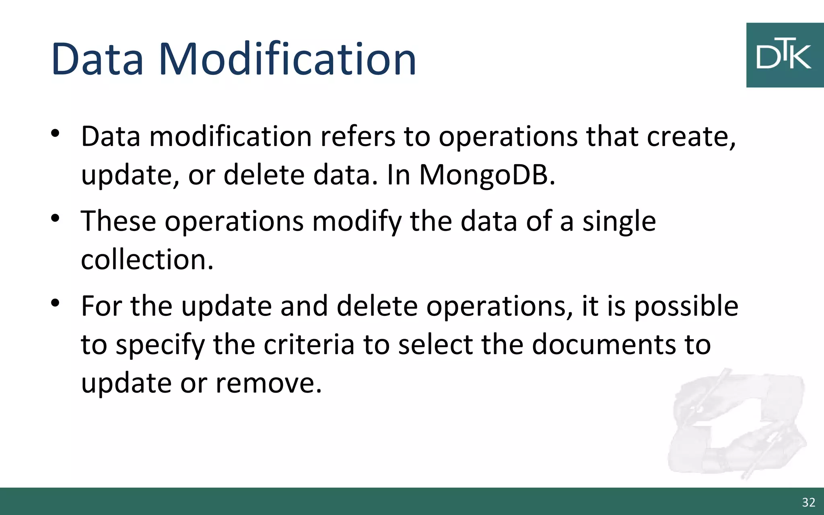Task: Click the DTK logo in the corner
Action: pos(785,55)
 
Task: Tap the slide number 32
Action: pos(808,502)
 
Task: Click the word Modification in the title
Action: pos(287,59)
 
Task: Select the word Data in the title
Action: pos(97,59)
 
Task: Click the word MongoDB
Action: pos(487,175)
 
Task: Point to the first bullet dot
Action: pos(56,133)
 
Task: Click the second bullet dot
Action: pos(56,218)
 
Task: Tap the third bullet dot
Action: pos(56,303)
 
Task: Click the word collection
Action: pos(146,260)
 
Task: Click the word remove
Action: pos(268,383)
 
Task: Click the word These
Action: pos(118,221)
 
